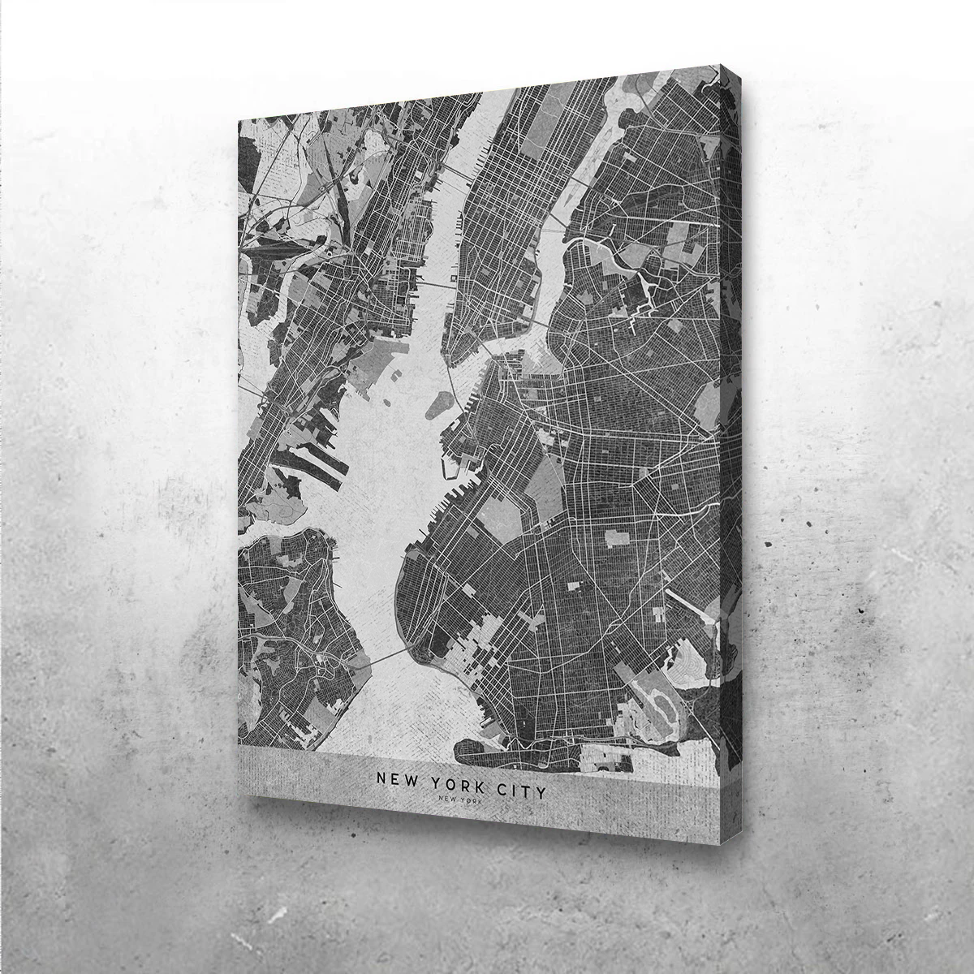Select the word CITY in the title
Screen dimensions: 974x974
click(x=516, y=787)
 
